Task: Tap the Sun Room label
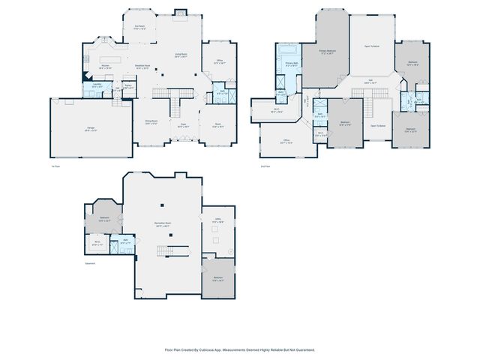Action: tap(139, 27)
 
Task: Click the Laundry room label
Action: tap(96, 85)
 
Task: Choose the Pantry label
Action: tap(128, 87)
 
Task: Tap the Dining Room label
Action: tap(150, 123)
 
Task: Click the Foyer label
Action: tap(182, 126)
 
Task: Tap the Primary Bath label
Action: tap(292, 64)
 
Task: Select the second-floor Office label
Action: tap(286, 140)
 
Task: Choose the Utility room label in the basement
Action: tap(217, 221)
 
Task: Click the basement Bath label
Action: tap(124, 241)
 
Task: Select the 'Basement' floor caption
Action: tap(91, 262)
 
